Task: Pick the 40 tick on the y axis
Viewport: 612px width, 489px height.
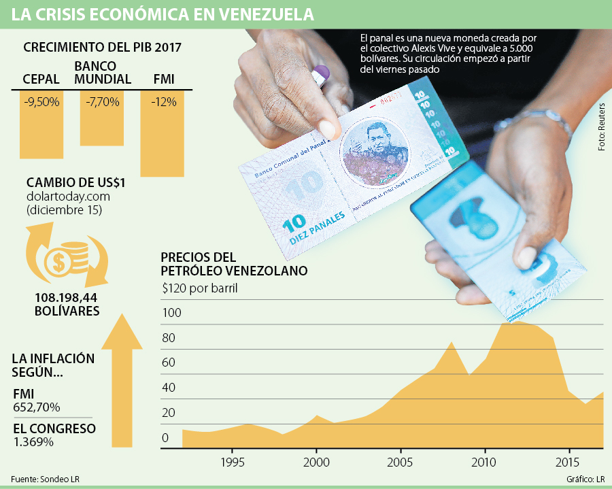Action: point(169,388)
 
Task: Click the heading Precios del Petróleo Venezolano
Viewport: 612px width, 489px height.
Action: point(234,264)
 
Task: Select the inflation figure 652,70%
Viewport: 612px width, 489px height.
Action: point(37,407)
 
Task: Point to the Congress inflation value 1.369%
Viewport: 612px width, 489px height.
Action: point(33,441)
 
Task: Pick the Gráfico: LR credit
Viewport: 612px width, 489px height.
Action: point(585,479)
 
